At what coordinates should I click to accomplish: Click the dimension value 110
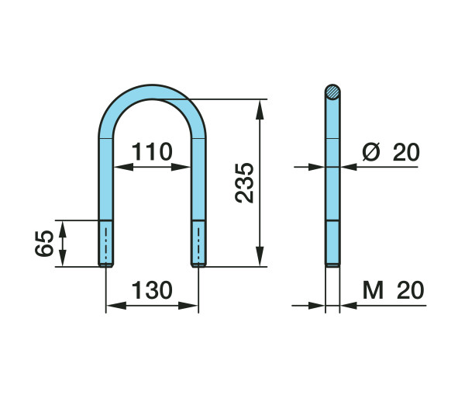pyautogui.click(x=152, y=151)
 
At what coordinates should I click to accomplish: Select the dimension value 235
pyautogui.click(x=244, y=183)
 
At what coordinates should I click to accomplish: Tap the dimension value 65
pyautogui.click(x=44, y=243)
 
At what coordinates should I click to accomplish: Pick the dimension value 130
pyautogui.click(x=152, y=290)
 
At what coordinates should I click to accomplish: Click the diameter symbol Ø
pyautogui.click(x=371, y=152)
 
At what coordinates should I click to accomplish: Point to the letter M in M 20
pyautogui.click(x=373, y=290)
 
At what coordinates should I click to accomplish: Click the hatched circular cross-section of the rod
pyautogui.click(x=332, y=92)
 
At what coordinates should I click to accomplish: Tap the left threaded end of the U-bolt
pyautogui.click(x=105, y=243)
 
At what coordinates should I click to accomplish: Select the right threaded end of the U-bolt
pyautogui.click(x=198, y=243)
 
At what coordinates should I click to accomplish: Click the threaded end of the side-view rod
pyautogui.click(x=332, y=243)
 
